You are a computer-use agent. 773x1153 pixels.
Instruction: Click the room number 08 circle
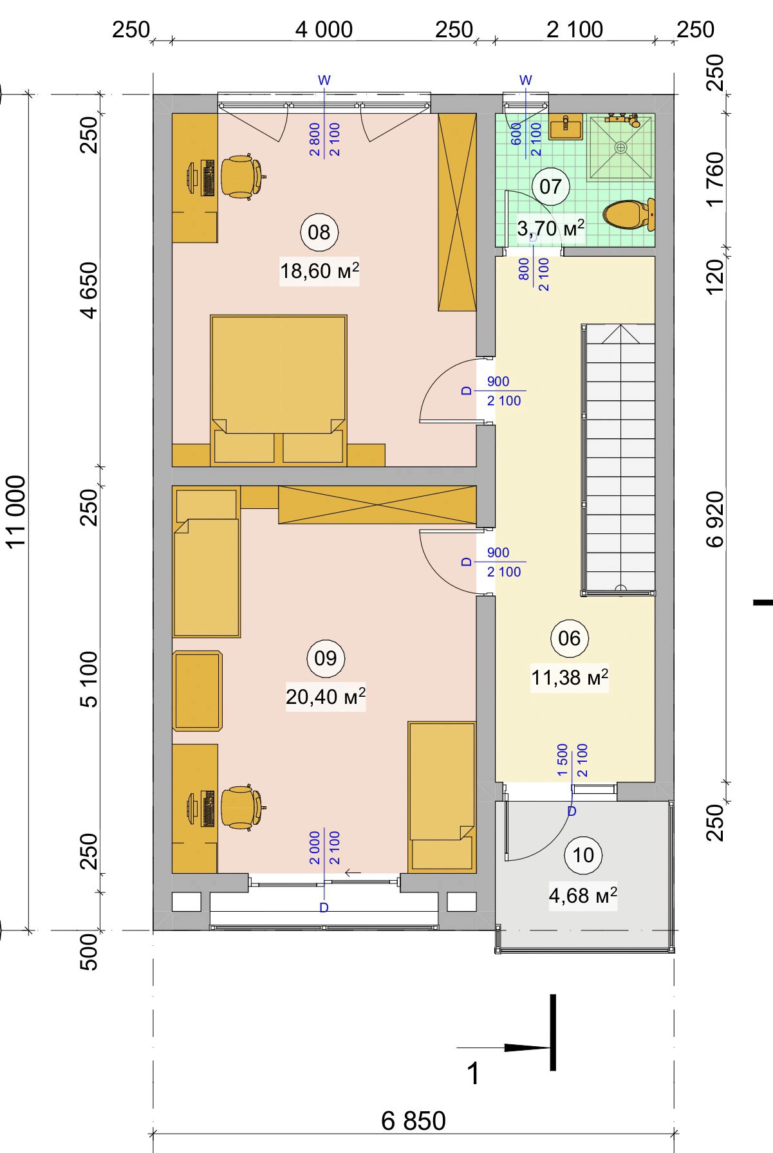[x=319, y=232]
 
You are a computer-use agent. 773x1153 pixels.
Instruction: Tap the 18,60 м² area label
[x=319, y=271]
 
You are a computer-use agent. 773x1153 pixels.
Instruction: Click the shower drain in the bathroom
[x=620, y=147]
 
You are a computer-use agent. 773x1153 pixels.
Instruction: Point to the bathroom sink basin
[x=566, y=127]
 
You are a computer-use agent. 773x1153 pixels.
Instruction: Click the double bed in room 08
[x=279, y=390]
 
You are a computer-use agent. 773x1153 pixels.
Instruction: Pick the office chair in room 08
[x=242, y=175]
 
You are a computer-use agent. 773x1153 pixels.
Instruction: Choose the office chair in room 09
[x=242, y=806]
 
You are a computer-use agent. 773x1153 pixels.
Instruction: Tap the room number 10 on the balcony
[x=583, y=855]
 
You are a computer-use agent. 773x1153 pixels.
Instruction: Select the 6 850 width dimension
[x=413, y=1120]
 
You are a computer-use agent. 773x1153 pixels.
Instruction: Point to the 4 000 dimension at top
[x=324, y=30]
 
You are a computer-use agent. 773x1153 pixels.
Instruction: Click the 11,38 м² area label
[x=570, y=678]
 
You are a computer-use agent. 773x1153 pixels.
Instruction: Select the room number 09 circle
[x=326, y=658]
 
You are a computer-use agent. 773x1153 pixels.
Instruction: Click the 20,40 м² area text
[x=326, y=696]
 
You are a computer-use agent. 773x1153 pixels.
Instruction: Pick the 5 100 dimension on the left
[x=89, y=679]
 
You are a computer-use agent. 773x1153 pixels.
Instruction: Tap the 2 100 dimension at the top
[x=575, y=30]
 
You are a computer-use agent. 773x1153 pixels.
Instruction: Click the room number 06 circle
[x=570, y=638]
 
